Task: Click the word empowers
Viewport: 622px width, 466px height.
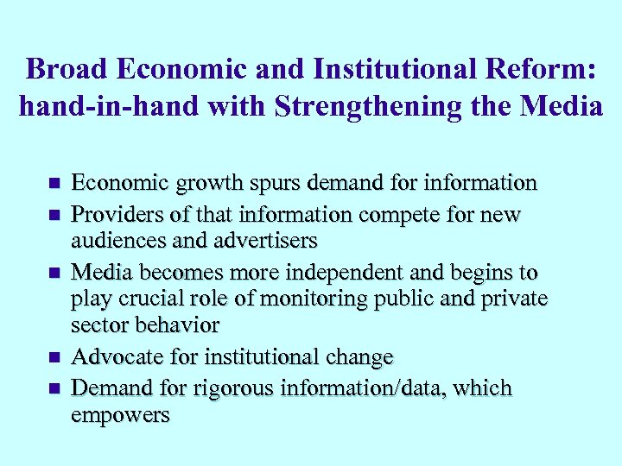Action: [x=120, y=414]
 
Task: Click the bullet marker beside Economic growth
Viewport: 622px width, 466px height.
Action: [x=54, y=184]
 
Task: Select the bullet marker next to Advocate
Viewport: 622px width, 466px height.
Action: [x=54, y=357]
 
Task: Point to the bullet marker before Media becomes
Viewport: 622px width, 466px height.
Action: [x=54, y=274]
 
